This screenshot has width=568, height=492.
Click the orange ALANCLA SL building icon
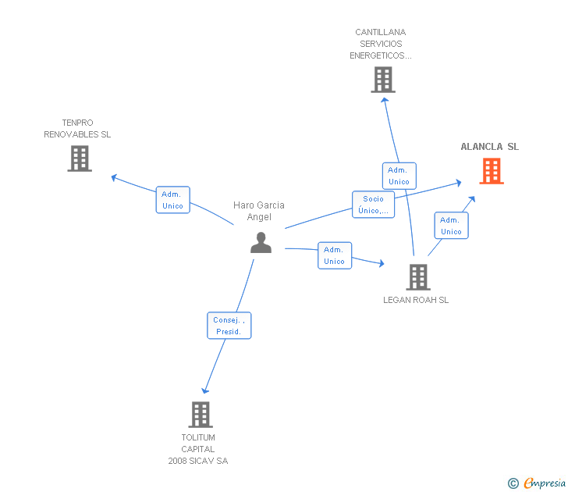[491, 171]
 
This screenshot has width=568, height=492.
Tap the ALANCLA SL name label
[489, 147]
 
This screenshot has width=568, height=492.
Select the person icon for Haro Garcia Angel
[261, 243]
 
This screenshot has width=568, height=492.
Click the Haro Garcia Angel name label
[259, 211]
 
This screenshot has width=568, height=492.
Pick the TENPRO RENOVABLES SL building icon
[79, 159]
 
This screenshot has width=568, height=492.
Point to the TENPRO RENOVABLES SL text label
[77, 129]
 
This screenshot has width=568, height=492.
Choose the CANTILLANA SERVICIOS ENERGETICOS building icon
[382, 80]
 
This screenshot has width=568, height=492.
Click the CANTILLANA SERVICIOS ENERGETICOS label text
[380, 44]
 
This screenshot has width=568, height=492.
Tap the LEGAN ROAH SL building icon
[417, 276]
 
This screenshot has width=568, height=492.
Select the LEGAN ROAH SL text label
[416, 300]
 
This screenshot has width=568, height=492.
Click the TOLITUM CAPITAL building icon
[201, 414]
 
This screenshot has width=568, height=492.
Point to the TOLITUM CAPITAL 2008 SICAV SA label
[198, 449]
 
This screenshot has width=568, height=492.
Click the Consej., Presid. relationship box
[229, 325]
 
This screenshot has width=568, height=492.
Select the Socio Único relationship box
[373, 205]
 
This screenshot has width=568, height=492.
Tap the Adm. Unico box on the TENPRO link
[172, 200]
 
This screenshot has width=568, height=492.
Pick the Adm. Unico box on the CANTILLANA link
[399, 176]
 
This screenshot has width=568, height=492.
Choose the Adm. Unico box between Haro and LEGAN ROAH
[334, 255]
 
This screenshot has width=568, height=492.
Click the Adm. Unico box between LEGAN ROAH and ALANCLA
[451, 226]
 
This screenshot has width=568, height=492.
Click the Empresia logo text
[545, 483]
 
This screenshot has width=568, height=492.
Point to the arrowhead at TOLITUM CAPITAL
[205, 390]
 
